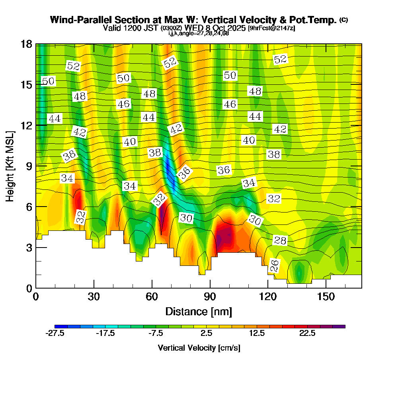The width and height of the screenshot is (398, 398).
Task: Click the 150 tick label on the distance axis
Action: coord(326,297)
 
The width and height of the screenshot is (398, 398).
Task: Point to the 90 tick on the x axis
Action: coord(210,288)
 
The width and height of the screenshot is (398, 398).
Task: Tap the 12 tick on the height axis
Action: coord(36,125)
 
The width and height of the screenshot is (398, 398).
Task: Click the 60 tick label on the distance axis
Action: coord(152,297)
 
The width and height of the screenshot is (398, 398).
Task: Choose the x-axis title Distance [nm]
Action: coord(199,311)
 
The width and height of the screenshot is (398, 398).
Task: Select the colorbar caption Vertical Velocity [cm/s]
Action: coord(199,348)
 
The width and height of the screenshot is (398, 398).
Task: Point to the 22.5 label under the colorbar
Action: coord(308,334)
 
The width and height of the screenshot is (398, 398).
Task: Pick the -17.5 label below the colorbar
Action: coord(105,334)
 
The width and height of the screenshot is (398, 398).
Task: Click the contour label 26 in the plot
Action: coord(275,265)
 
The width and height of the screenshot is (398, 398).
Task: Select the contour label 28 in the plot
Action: coord(280,240)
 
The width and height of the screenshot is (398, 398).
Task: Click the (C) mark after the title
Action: coord(343,20)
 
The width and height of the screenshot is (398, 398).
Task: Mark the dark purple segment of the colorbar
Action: coord(340,326)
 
